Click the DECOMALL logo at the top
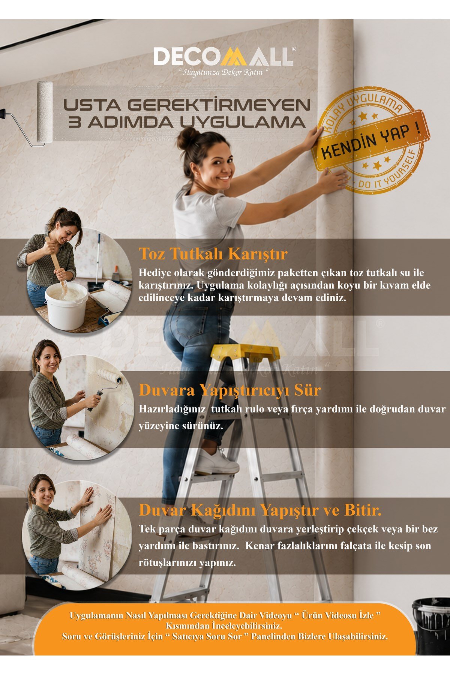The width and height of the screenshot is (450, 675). [x=224, y=57]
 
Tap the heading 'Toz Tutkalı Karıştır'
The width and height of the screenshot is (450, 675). [x=213, y=254]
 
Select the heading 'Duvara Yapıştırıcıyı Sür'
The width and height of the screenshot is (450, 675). [x=229, y=390]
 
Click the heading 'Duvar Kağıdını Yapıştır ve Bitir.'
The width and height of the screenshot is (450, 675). [x=260, y=510]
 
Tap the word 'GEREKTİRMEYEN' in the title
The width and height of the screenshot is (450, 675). [x=219, y=105]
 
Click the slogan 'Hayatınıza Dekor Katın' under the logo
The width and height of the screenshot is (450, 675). [x=224, y=72]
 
